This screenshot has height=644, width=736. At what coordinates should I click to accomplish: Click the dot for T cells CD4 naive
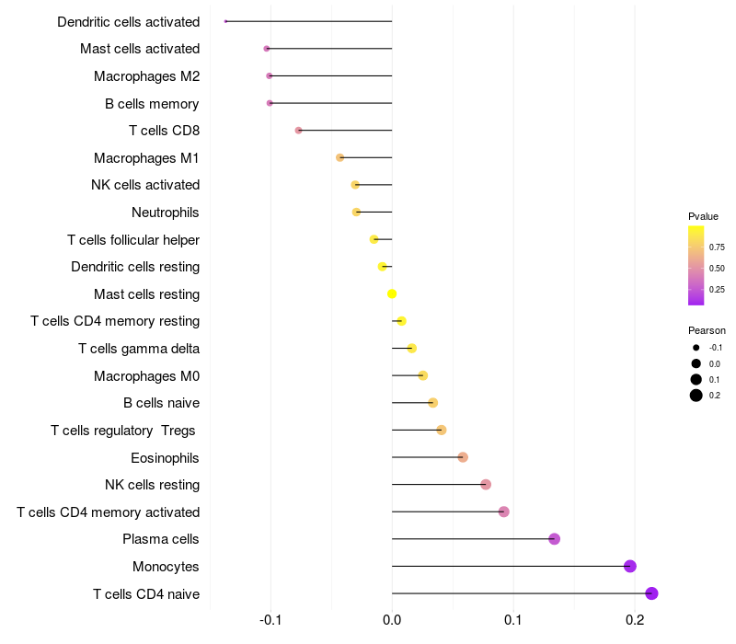[651, 593]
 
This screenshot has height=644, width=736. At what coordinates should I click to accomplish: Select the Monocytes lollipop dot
[630, 566]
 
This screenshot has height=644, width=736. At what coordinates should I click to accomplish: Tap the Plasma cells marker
[555, 539]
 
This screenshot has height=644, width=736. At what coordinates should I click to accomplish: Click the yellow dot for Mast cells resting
[392, 293]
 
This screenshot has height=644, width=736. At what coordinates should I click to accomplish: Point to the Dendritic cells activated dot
[225, 21]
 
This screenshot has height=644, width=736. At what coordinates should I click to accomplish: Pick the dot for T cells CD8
[298, 131]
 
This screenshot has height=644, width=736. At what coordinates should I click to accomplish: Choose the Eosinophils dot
[463, 457]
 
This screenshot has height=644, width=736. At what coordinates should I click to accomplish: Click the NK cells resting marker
[486, 485]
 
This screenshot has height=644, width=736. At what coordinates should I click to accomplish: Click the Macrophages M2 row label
[147, 76]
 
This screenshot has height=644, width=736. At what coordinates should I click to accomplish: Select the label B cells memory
[152, 104]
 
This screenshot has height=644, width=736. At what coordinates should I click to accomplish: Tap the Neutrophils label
[166, 213]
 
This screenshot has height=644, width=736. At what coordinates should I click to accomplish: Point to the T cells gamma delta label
[139, 349]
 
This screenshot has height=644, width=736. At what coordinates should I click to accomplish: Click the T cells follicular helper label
[133, 240]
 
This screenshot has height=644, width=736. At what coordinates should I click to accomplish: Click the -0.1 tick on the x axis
[270, 620]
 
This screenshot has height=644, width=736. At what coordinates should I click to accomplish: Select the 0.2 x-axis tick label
[635, 620]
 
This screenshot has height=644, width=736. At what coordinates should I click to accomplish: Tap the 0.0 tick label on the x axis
[392, 620]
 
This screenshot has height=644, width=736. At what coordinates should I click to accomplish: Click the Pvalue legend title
[703, 216]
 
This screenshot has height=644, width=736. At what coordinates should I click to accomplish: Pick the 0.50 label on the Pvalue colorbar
[717, 269]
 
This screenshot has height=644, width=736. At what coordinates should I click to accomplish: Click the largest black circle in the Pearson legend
[696, 396]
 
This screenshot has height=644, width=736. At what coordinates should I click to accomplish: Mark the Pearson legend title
[707, 330]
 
